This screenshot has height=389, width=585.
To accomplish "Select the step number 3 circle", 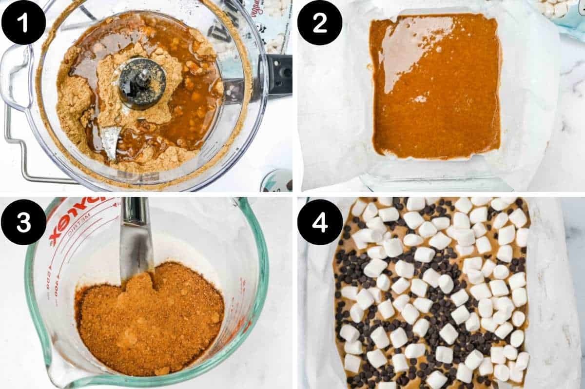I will [x=23, y=222].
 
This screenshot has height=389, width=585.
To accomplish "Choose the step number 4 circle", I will [x=319, y=222].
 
